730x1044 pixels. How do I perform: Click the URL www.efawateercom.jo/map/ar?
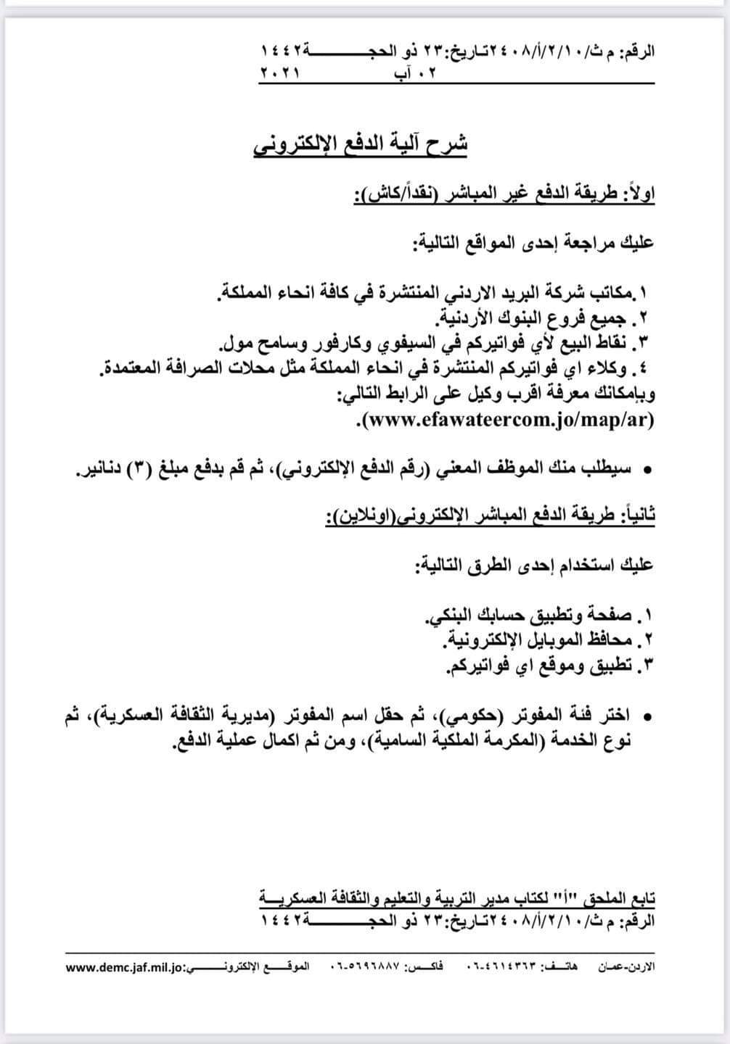(507, 420)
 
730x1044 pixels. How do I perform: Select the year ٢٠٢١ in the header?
(279, 73)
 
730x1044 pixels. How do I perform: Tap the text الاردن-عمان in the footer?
(626, 967)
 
